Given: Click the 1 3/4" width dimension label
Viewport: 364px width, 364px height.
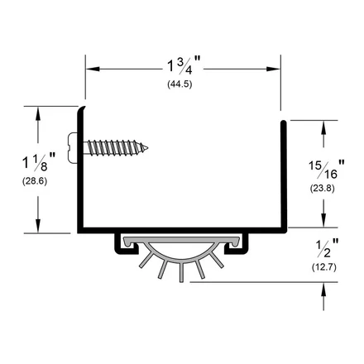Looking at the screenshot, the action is click(184, 65).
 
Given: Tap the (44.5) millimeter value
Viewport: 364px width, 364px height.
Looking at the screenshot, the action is click(180, 84).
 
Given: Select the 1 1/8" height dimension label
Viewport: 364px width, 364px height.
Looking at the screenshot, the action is click(39, 161).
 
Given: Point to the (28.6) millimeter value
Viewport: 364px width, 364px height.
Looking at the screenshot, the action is click(35, 181).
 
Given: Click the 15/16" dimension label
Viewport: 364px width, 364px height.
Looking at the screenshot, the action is click(326, 170).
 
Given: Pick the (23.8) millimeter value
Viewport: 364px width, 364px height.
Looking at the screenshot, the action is click(323, 189).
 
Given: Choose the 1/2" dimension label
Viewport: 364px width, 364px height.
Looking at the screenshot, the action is click(327, 248).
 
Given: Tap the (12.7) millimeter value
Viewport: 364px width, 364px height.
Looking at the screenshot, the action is click(324, 267).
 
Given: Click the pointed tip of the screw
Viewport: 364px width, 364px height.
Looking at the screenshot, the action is click(147, 148).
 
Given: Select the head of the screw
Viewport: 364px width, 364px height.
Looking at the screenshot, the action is click(73, 148).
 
